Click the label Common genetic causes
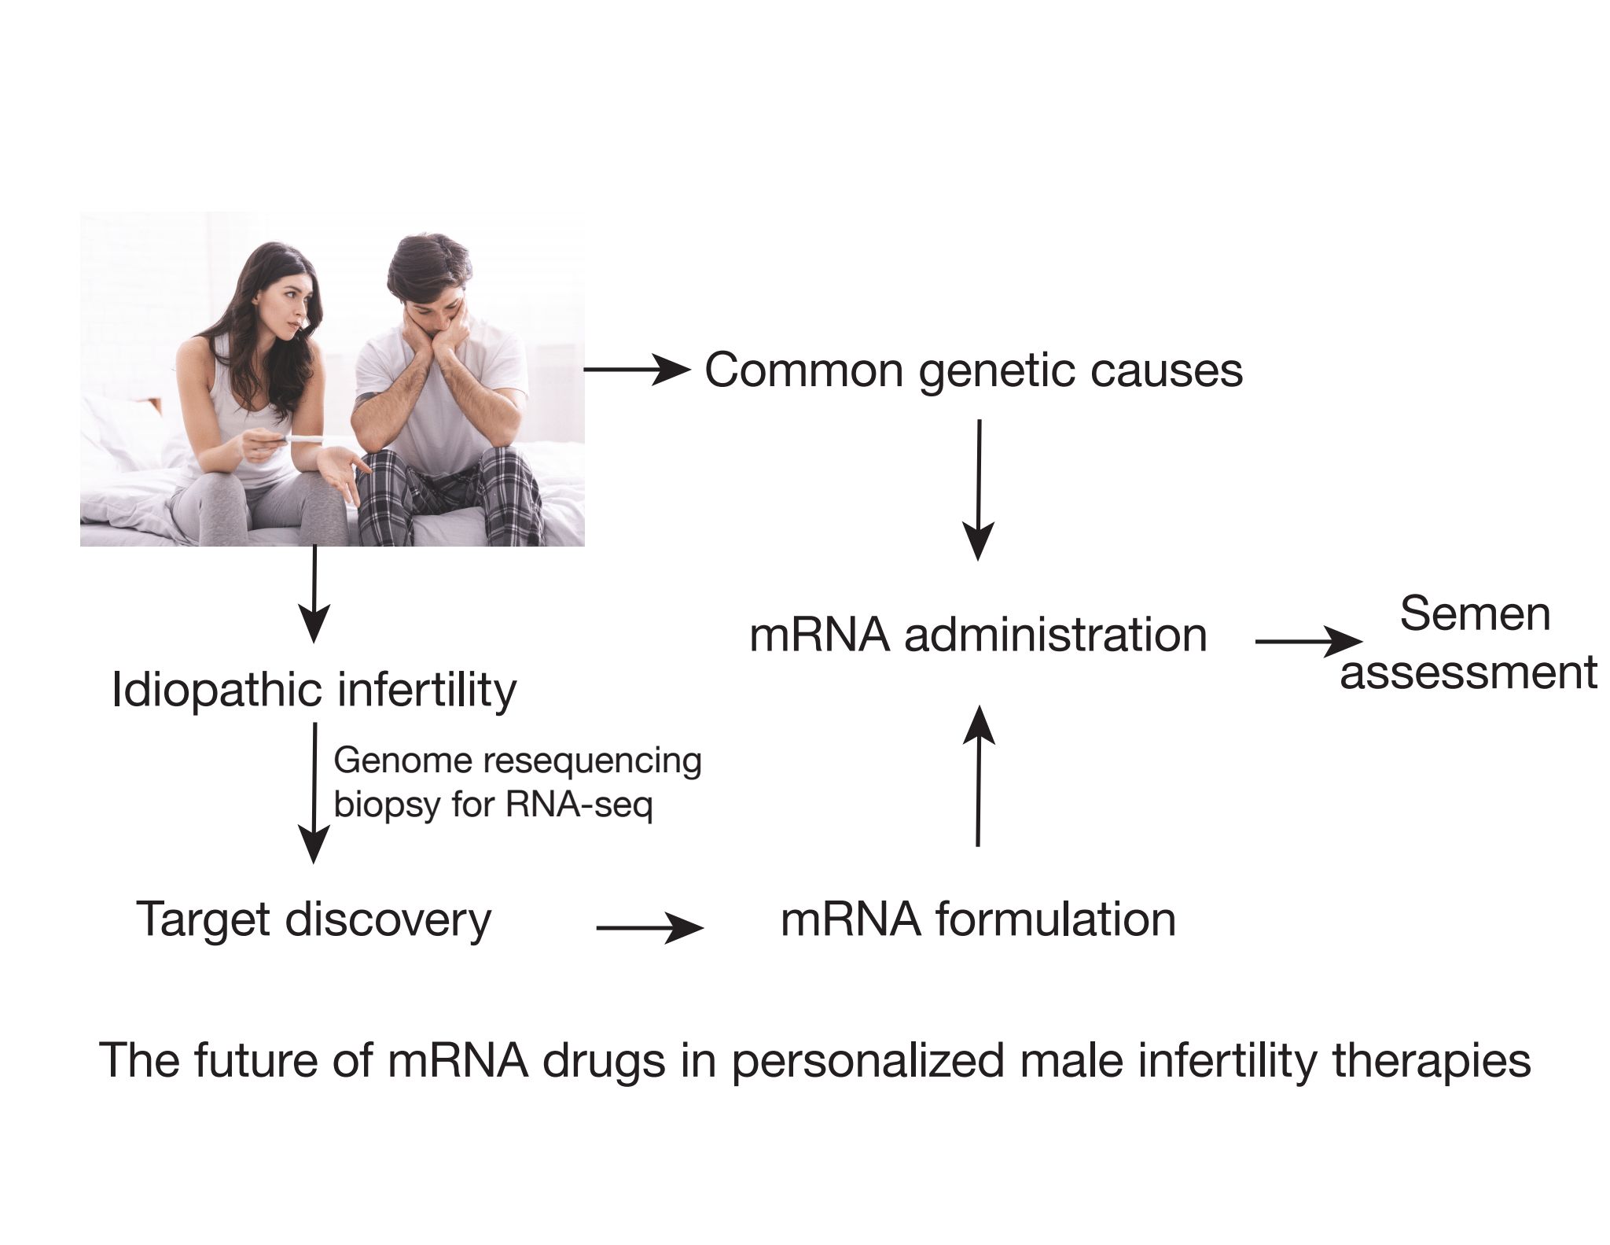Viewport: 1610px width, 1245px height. (x=973, y=370)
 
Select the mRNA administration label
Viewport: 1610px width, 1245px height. (x=978, y=635)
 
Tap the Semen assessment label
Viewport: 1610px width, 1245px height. (x=1468, y=643)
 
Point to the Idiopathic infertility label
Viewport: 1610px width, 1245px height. (x=314, y=691)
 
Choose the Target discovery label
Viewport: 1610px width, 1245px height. (x=314, y=918)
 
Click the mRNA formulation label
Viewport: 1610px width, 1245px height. (x=978, y=919)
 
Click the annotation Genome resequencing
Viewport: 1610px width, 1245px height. (x=517, y=761)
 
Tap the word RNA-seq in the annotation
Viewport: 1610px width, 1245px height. (x=579, y=805)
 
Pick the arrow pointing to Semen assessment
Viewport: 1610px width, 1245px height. (x=1307, y=642)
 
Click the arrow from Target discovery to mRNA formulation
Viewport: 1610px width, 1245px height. (x=649, y=928)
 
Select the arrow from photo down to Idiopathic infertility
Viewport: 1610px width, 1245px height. (x=314, y=594)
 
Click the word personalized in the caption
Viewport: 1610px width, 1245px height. (x=868, y=1060)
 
